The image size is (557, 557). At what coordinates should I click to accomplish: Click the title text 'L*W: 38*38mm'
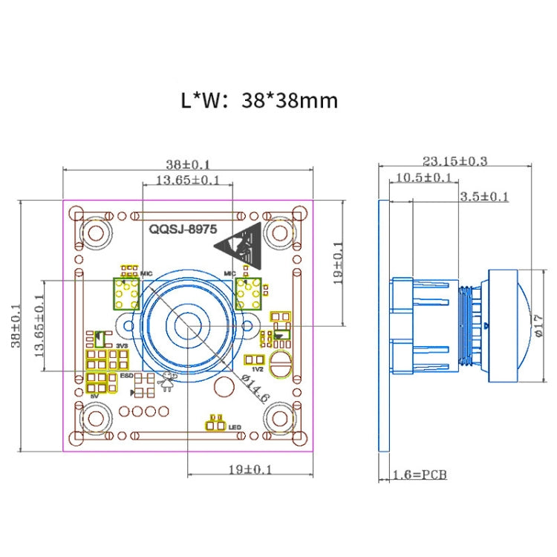[259, 100]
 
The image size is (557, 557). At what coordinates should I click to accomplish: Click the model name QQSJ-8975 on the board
[179, 230]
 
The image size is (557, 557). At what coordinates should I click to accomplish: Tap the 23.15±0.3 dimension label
[455, 160]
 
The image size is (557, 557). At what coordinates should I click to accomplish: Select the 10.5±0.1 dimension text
[423, 177]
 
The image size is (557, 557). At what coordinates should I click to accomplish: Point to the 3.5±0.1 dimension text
[484, 196]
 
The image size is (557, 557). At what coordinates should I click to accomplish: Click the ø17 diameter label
[538, 326]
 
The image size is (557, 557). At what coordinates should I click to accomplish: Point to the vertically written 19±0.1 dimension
[337, 263]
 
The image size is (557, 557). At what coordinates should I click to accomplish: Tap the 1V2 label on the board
[258, 369]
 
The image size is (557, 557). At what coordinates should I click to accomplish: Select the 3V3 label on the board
[121, 346]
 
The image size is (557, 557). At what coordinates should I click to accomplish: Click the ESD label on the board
[126, 377]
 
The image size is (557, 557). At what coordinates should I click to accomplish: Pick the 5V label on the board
[94, 397]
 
